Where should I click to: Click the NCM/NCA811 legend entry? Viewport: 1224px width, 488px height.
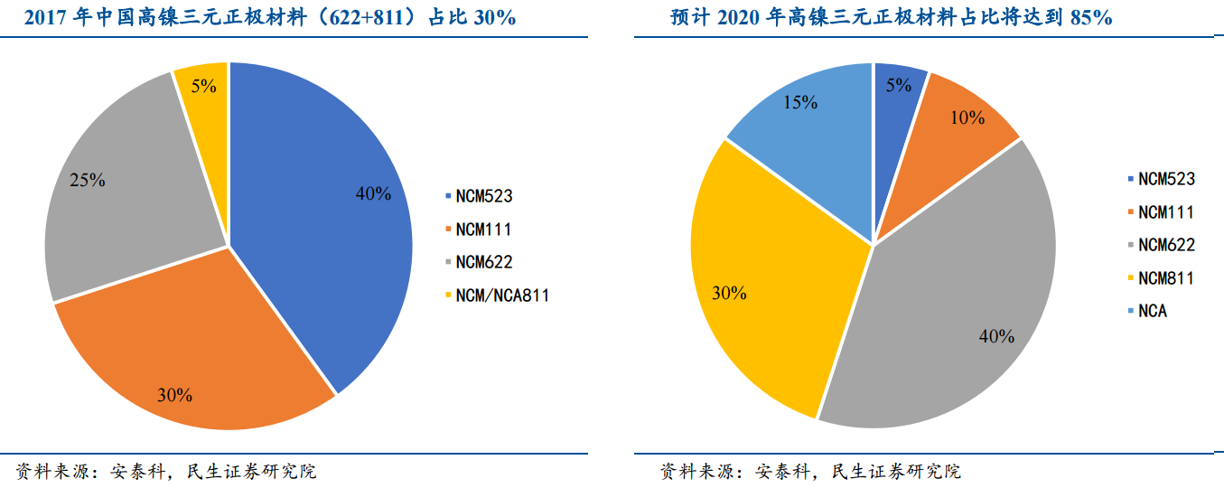(x=502, y=295)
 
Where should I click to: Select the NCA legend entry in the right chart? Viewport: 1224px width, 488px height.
(x=1153, y=311)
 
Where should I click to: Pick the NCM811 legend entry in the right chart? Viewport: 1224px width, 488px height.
(x=1166, y=278)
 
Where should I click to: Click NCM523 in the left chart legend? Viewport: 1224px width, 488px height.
(x=484, y=196)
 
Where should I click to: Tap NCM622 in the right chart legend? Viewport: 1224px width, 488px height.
(x=1166, y=245)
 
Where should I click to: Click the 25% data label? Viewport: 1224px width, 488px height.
(x=88, y=180)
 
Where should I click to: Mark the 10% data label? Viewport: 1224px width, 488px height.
(x=967, y=117)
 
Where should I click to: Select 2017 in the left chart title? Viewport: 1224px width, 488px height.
(x=44, y=18)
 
